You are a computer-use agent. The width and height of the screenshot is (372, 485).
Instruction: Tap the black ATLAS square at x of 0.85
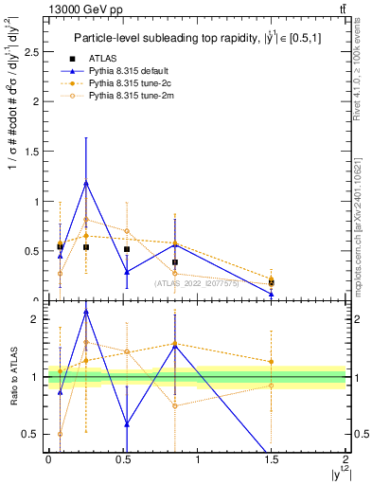174,262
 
